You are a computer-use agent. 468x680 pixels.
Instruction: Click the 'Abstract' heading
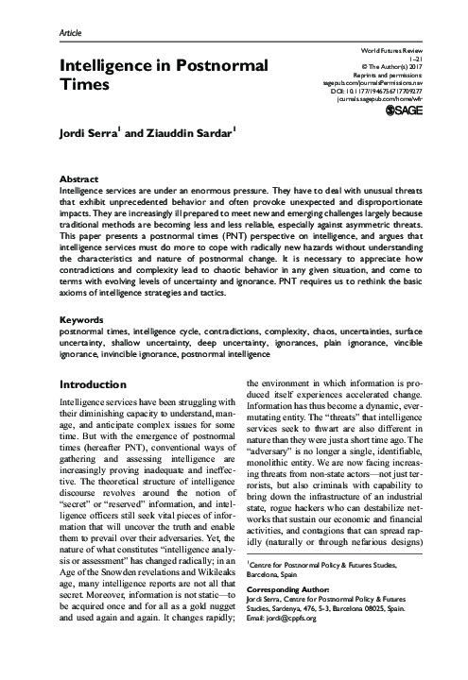point(79,178)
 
